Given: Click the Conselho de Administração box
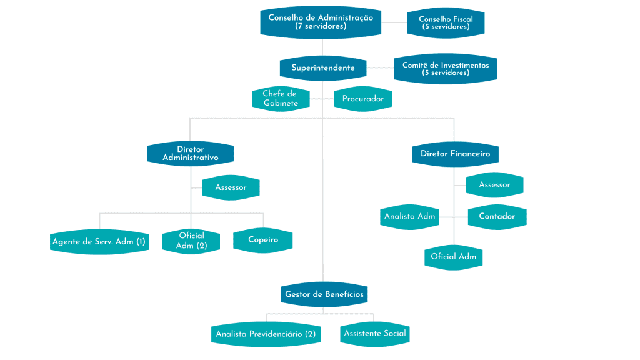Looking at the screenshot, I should [x=321, y=22].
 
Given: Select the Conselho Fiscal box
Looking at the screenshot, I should [x=445, y=23].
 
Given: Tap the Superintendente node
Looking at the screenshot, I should [x=322, y=67].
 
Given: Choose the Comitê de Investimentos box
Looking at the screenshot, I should [x=445, y=69].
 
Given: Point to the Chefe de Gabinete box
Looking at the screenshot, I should [x=281, y=99].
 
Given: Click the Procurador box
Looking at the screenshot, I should [x=363, y=99].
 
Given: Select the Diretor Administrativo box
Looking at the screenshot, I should [x=191, y=154].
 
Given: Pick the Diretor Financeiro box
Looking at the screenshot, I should [x=455, y=154].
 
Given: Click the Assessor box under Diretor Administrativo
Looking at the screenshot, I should [x=231, y=187].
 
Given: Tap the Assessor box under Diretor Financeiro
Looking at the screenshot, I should [x=494, y=185].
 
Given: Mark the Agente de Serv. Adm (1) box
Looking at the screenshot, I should [x=99, y=241].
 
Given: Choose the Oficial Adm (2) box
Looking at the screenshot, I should [x=191, y=241].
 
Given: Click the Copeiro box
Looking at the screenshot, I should [x=262, y=240].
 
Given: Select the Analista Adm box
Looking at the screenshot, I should [x=410, y=217].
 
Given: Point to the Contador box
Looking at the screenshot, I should [x=497, y=217].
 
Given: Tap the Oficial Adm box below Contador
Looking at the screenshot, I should [x=453, y=257].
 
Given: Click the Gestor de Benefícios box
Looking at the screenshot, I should [x=324, y=294].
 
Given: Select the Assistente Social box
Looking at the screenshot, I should [x=375, y=333].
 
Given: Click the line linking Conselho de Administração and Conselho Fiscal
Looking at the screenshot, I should [x=394, y=22].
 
